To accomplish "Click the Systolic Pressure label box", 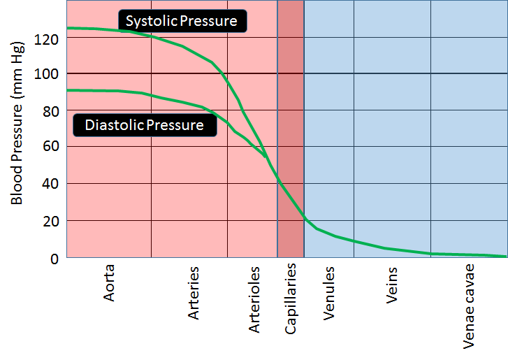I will point(182,21).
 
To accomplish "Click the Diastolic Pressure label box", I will point(144,125).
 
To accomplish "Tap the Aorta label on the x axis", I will point(110,282).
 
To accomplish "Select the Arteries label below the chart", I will point(194,293).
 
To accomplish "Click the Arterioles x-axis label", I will point(255,298).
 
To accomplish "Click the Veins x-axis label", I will point(392,285).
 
